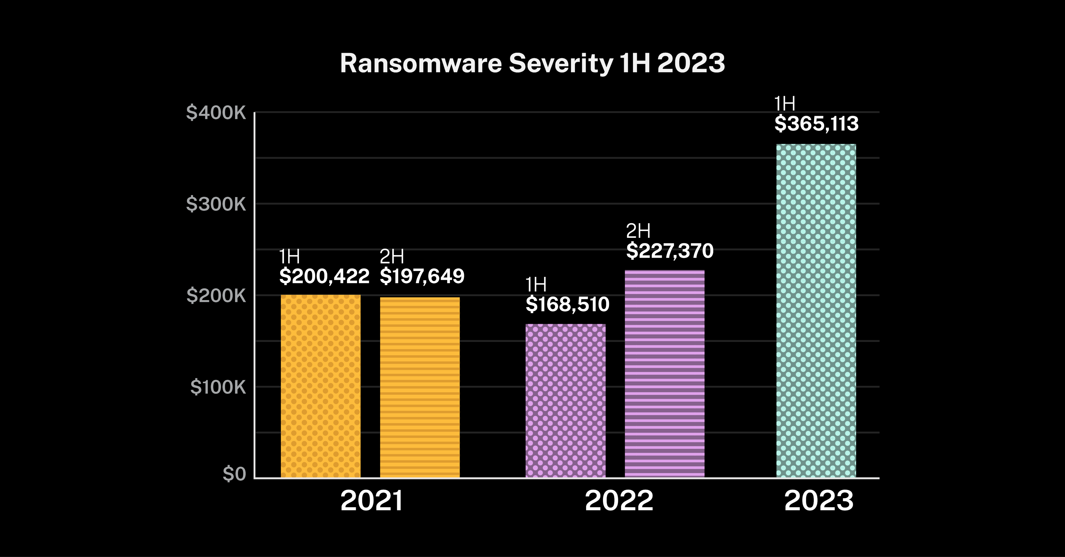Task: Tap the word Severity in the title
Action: point(560,64)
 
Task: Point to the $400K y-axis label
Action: point(216,113)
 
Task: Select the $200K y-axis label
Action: point(216,295)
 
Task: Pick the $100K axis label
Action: point(218,387)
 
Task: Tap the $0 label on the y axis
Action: point(234,474)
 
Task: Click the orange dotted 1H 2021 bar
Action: point(320,386)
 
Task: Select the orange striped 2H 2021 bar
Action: point(420,388)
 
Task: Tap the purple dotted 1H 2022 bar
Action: point(565,401)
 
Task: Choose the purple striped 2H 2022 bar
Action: point(665,374)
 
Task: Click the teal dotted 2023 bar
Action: point(816,311)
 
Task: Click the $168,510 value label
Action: point(567,305)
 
